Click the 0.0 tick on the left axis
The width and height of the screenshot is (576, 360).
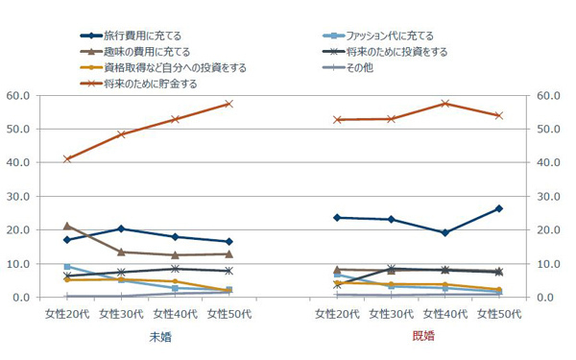tap(23, 298)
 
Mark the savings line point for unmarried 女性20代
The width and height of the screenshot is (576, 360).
tap(67, 158)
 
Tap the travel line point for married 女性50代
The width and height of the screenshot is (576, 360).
tap(499, 208)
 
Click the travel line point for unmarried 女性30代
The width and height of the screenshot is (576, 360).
tap(121, 228)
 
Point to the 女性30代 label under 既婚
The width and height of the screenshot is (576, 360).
tap(391, 314)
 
